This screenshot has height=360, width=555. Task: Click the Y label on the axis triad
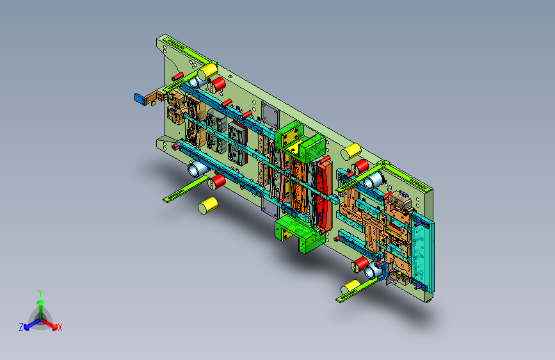(40, 293)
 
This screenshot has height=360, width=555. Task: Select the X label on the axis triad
(60, 327)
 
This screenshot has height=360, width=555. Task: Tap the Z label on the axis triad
(21, 327)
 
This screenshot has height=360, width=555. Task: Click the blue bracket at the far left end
(141, 99)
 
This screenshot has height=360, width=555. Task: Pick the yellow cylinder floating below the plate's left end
(208, 206)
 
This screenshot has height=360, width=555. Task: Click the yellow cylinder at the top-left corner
(207, 71)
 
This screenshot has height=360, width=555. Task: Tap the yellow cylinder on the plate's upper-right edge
(351, 151)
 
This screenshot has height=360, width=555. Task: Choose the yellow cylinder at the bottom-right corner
(351, 287)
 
